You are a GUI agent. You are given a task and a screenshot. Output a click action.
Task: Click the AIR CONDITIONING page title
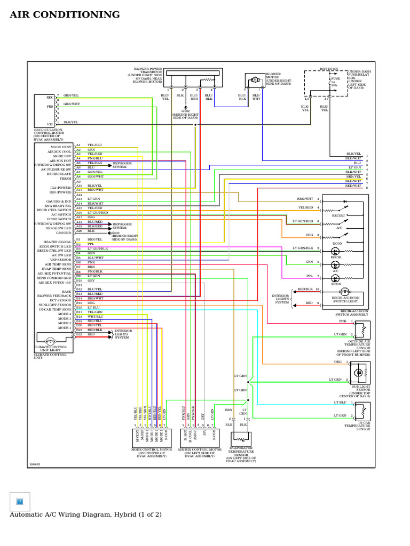pyautogui.click(x=65, y=15)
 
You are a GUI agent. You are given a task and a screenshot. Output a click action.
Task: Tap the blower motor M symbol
pyautogui.click(x=255, y=79)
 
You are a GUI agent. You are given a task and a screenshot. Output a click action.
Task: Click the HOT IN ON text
pyautogui.click(x=329, y=69)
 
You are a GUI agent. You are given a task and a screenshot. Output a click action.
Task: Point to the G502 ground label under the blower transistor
pyautogui.click(x=185, y=111)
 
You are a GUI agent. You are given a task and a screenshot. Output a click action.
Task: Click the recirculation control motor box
pyautogui.click(x=44, y=111)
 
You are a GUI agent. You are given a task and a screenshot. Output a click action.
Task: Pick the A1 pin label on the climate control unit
pyautogui.click(x=78, y=145)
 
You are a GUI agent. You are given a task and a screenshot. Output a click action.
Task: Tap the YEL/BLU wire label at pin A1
pyautogui.click(x=94, y=145)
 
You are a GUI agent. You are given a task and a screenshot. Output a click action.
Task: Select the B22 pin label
pyautogui.click(x=78, y=334)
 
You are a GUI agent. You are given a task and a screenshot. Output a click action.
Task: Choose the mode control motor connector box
pyautogui.click(x=152, y=438)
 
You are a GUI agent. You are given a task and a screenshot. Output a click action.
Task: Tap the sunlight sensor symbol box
pyautogui.click(x=360, y=372)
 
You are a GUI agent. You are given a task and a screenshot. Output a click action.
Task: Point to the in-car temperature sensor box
pyautogui.click(x=362, y=411)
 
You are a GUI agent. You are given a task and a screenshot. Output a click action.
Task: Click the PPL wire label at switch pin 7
pyautogui.click(x=309, y=276)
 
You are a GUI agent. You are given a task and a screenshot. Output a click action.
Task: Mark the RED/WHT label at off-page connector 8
pyautogui.click(x=353, y=186)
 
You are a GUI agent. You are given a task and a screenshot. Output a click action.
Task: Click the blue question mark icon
pyautogui.click(x=20, y=502)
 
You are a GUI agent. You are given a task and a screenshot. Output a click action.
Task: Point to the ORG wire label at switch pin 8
pyautogui.click(x=309, y=235)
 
